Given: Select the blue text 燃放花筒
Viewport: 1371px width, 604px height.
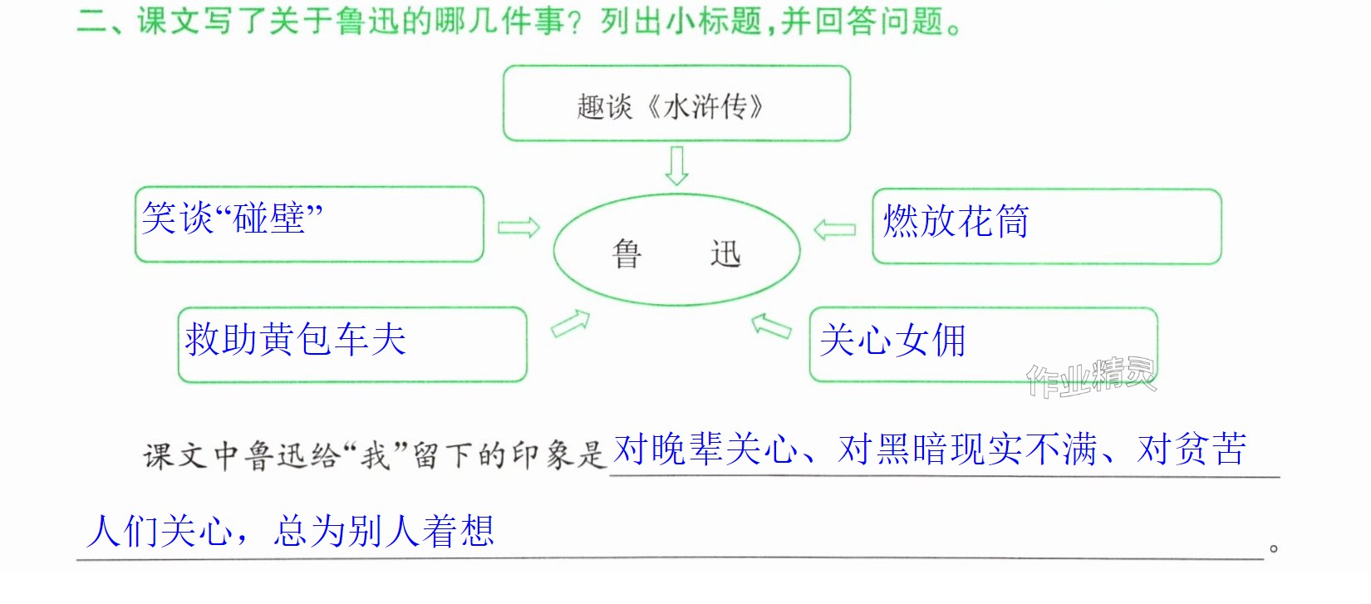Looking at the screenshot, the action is (x=956, y=220).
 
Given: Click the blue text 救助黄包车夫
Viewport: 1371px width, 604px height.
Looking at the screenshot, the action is (x=295, y=339).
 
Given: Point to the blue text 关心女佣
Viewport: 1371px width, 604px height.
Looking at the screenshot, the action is (x=892, y=341).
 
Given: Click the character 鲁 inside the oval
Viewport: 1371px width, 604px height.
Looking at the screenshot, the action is (x=627, y=253).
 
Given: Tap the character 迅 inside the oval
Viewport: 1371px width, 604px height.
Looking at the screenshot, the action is (x=725, y=253).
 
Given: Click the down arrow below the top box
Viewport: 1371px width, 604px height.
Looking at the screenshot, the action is (x=676, y=165).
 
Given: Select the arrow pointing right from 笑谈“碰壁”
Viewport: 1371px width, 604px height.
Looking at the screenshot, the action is (x=518, y=228).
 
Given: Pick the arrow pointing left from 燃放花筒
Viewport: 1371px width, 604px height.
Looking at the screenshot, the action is (x=834, y=229).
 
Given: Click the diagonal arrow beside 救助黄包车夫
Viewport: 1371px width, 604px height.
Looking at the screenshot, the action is (x=571, y=324).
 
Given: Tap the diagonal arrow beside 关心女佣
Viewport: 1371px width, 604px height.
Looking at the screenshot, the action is (x=771, y=327).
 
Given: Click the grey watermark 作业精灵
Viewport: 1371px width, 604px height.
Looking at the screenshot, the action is (x=1091, y=377).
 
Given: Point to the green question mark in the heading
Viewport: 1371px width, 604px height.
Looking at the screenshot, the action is (x=573, y=22).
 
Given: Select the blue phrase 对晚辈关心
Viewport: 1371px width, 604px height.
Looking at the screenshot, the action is (x=705, y=449).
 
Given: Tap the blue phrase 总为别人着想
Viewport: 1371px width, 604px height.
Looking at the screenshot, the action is (x=383, y=531).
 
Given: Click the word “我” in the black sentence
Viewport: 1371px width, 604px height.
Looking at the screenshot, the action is (x=376, y=456).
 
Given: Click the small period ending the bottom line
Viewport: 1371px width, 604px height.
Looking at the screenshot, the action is (x=1274, y=548).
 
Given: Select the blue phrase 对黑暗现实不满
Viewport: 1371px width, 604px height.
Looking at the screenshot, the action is (x=967, y=449).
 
